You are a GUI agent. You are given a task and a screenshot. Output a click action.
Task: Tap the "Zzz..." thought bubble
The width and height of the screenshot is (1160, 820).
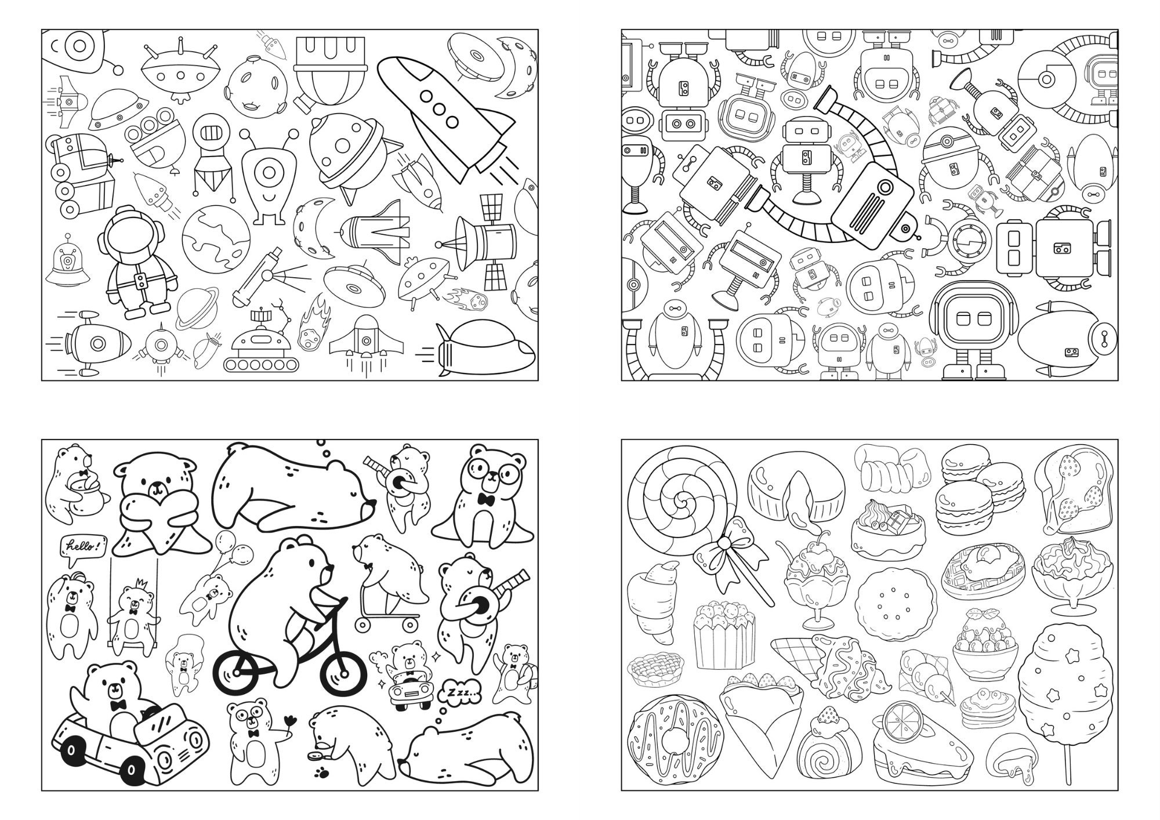click(461, 691)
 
